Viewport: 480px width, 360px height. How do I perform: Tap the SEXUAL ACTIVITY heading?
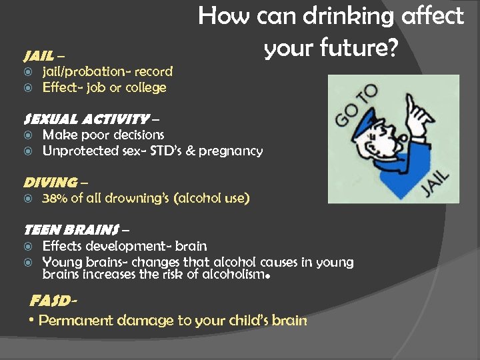click(85, 119)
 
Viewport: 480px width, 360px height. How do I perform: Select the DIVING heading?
click(50, 182)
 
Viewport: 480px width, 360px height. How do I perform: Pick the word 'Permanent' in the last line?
click(76, 321)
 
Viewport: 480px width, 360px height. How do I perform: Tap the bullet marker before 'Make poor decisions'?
click(29, 135)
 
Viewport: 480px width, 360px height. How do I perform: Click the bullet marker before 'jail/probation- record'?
click(29, 72)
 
